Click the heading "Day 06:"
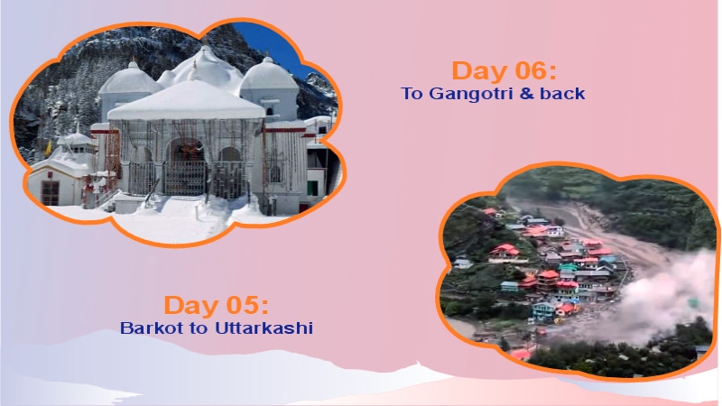coord(503,70)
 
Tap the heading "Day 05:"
coord(216,305)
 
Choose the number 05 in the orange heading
coord(243,305)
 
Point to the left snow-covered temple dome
coord(128,79)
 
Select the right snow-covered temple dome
coord(268,75)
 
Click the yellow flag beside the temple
coord(47,147)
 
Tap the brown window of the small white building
coord(51,191)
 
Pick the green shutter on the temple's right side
coord(313,187)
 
